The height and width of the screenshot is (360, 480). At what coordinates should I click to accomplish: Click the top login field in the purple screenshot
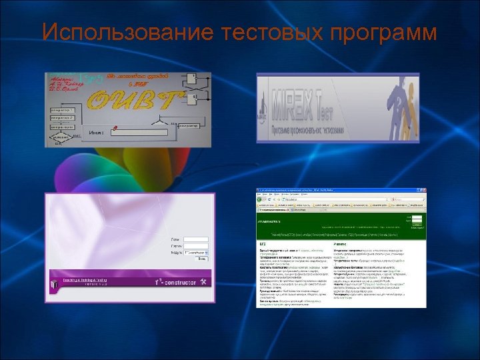195,239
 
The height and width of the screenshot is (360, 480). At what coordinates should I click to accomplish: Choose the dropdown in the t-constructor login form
196,253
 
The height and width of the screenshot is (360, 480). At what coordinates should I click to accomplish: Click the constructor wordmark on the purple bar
177,282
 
